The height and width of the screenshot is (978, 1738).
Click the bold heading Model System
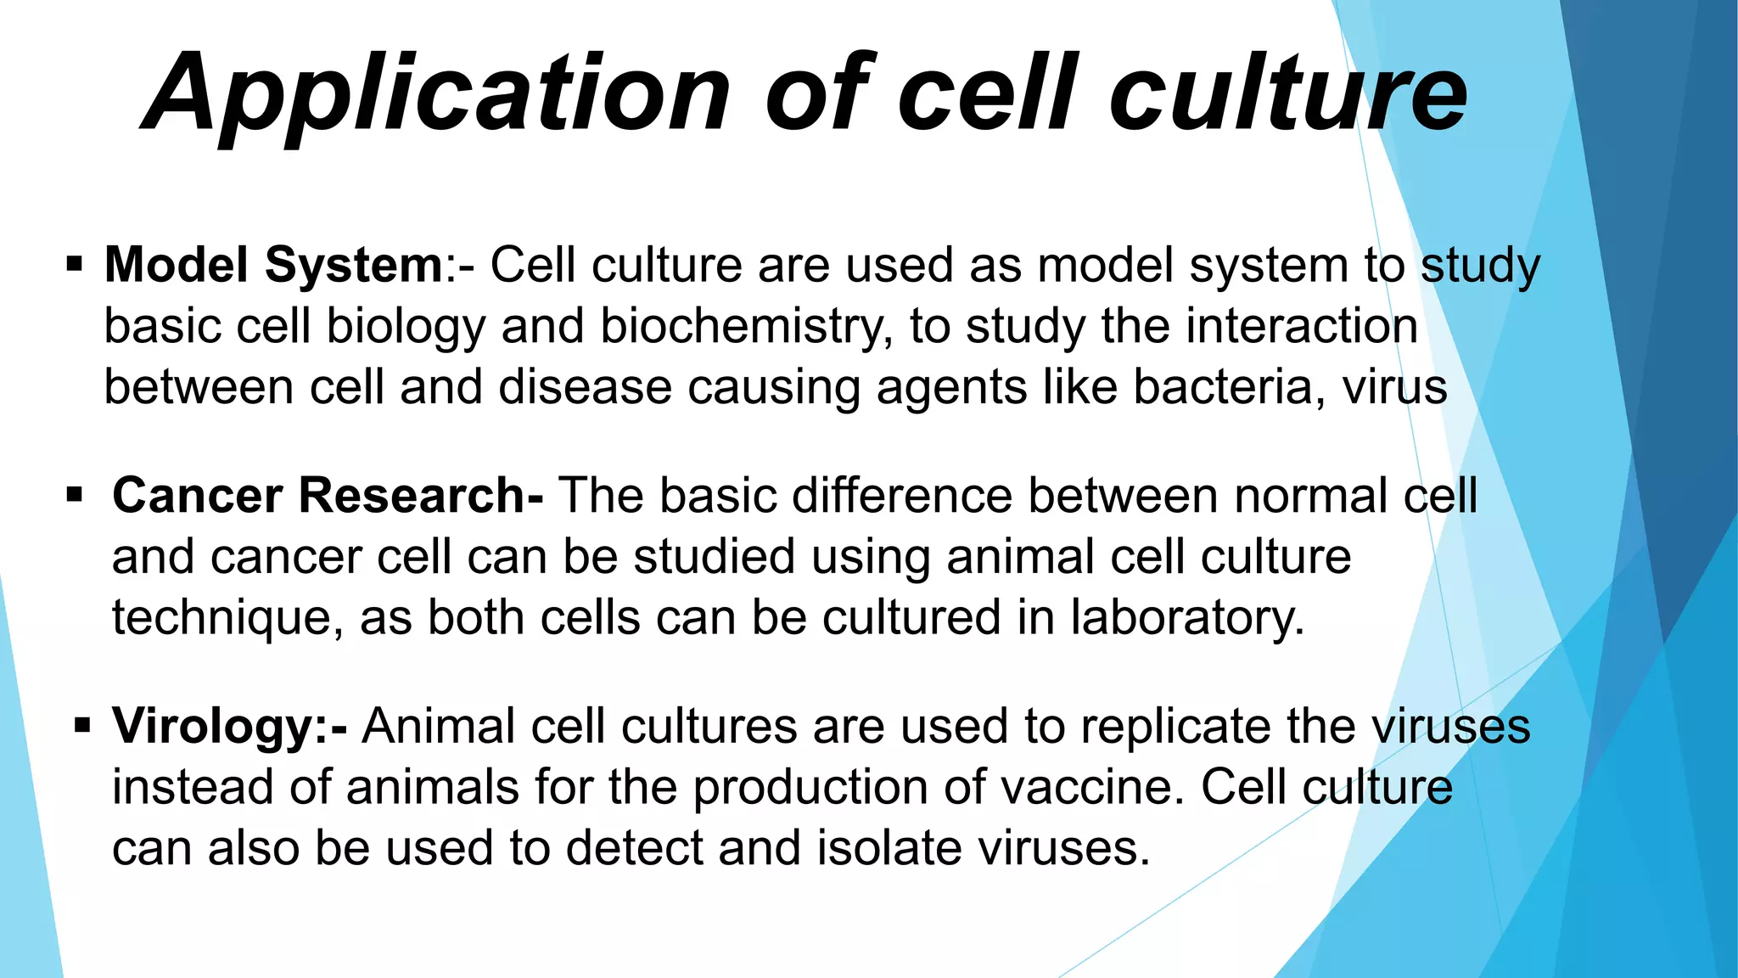[x=273, y=265]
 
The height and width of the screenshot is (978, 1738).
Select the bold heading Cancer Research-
[x=328, y=496]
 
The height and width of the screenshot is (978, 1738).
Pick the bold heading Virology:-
[x=229, y=727]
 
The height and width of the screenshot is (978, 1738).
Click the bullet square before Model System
[x=75, y=264]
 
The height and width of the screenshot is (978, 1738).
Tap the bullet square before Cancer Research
[x=75, y=494]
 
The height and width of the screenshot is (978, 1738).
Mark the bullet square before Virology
[x=82, y=726]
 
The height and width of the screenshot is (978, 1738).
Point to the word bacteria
[x=1229, y=387]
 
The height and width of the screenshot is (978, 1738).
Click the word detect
[x=634, y=848]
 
